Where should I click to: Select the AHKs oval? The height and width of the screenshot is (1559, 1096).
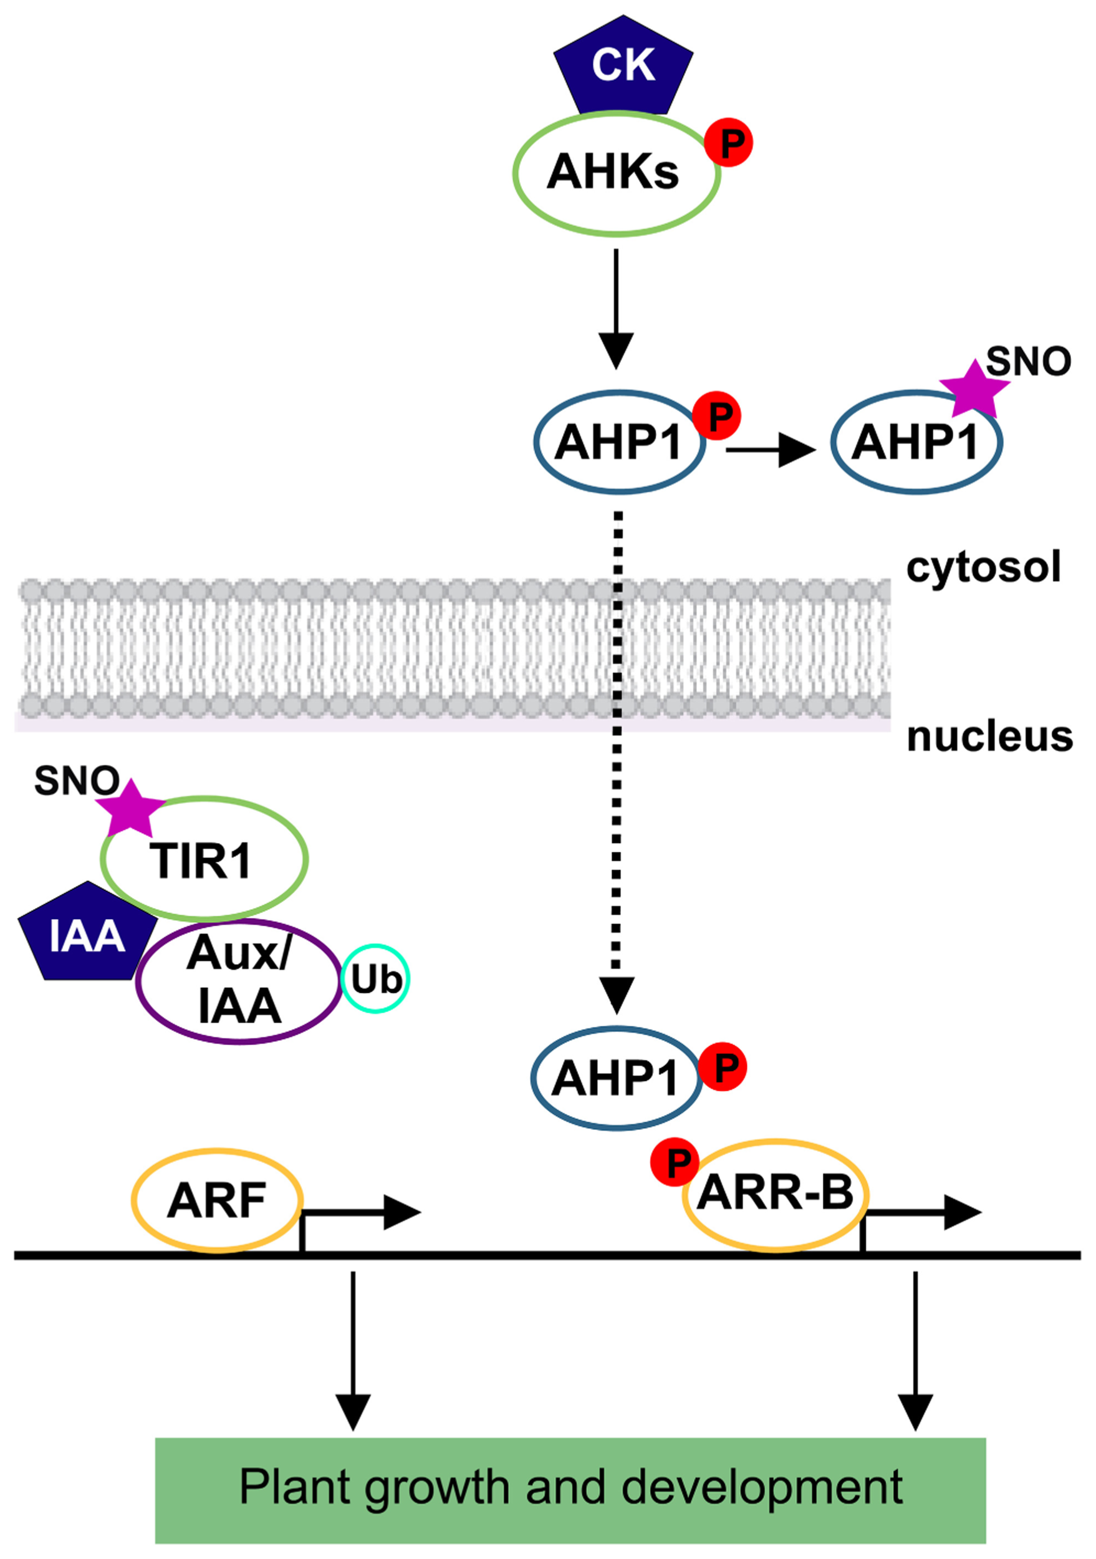click(614, 173)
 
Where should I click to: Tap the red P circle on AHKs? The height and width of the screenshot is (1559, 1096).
click(729, 143)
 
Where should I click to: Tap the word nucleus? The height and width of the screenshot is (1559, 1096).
click(989, 736)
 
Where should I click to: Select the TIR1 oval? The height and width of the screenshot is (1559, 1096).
click(204, 859)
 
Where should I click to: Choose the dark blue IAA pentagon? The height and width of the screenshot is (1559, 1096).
click(87, 935)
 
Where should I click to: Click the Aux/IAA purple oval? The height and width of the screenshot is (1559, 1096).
click(239, 980)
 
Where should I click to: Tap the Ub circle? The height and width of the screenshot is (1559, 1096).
click(375, 978)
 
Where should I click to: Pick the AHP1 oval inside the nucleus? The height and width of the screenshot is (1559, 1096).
click(615, 1078)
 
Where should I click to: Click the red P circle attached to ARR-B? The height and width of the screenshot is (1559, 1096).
click(675, 1162)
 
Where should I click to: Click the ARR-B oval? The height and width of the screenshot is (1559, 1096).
click(775, 1195)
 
